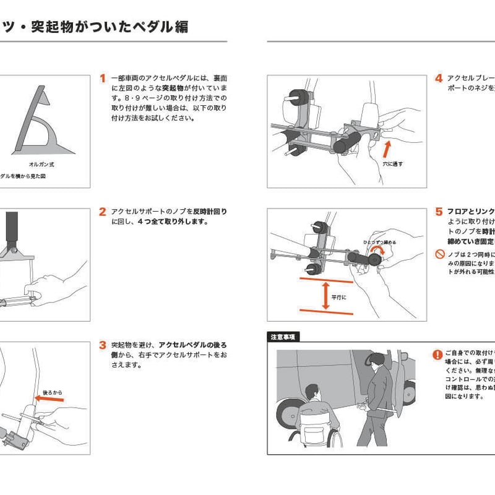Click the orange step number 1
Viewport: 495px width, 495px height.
(x=103, y=79)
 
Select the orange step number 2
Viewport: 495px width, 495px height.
(x=103, y=212)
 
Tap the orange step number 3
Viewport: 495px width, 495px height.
(x=103, y=345)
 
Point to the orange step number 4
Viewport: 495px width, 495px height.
(x=438, y=79)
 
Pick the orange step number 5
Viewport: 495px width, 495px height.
(x=438, y=212)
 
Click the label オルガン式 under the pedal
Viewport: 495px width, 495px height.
(x=42, y=165)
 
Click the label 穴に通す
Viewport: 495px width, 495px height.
(x=392, y=164)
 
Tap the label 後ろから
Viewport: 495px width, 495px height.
(x=53, y=392)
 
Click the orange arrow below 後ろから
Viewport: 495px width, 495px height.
(x=49, y=400)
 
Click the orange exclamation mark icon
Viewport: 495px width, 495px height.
(x=438, y=355)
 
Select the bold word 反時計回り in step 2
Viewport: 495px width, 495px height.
(x=210, y=212)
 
